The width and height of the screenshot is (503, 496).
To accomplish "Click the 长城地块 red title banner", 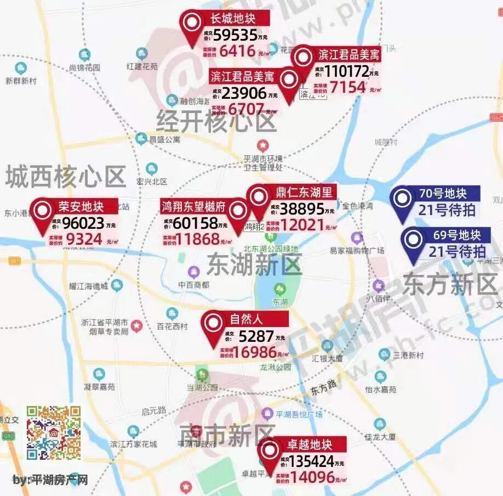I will coord(233,19).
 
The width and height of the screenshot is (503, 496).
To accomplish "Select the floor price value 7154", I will coord(347,87).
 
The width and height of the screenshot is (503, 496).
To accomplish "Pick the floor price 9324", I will coord(84,239).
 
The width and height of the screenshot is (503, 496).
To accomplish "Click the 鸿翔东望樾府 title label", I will coord(193,207).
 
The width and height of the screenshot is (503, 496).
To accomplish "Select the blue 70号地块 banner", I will coord(442,194).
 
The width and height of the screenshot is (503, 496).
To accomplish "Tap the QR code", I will coord(54,432).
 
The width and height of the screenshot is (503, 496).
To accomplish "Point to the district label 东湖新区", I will coord(254,266).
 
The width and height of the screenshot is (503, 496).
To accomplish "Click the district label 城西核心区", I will coord(66,177).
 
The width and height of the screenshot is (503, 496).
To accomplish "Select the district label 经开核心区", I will coord(216,121).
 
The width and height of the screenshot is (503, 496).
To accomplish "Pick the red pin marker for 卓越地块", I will coord(269,452).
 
